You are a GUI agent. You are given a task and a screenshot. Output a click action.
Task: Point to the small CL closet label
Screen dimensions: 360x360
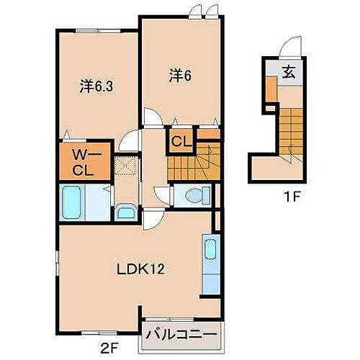click(x=180, y=141)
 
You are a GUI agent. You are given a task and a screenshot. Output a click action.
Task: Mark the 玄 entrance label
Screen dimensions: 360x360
click(x=289, y=72)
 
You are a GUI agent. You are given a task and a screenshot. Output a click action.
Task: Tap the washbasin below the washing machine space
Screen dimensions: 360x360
click(x=127, y=212)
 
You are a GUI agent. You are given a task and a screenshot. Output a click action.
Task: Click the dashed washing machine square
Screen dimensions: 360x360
click(x=127, y=166)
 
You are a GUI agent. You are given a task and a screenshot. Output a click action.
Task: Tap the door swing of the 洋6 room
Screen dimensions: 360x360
click(x=152, y=117)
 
